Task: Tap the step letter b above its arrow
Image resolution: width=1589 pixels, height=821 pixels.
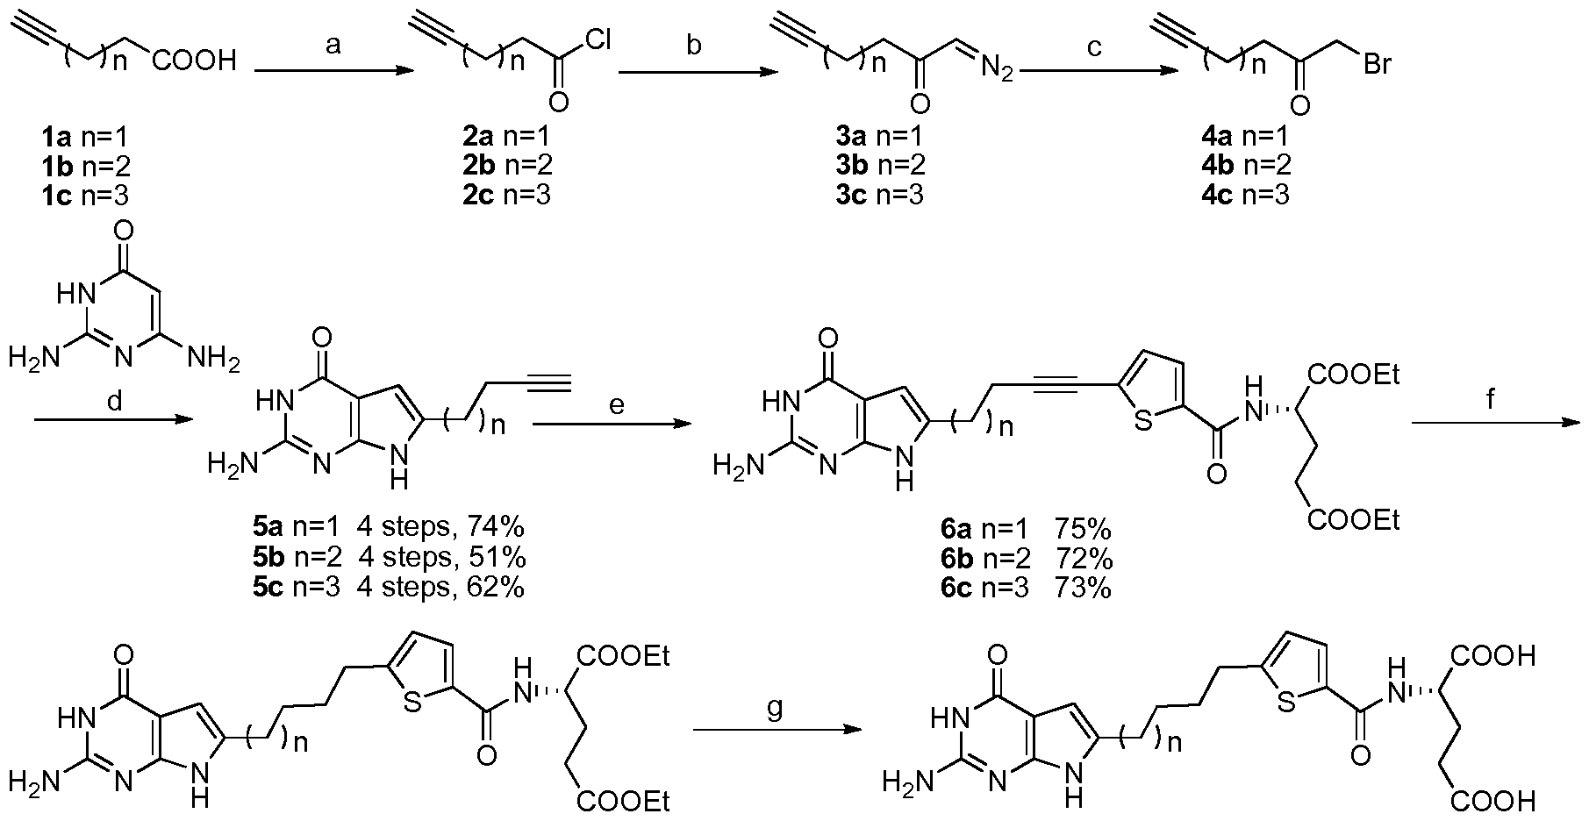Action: pyautogui.click(x=694, y=44)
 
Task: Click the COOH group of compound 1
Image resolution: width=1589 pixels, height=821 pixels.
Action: pyautogui.click(x=194, y=61)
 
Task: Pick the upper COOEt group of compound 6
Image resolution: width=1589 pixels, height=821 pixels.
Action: pyautogui.click(x=1353, y=374)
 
